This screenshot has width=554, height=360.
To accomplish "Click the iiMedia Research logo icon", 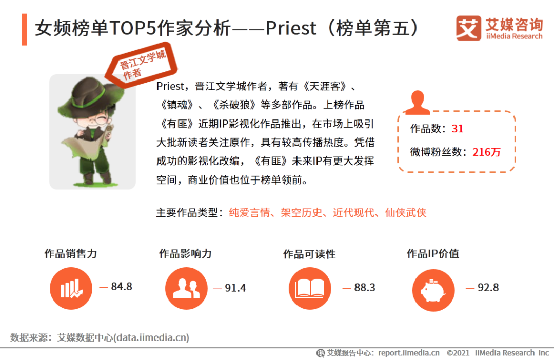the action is [x=468, y=28].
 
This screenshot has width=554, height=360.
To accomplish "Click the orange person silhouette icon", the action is [x=417, y=103].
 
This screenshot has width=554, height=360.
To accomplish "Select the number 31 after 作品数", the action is [x=458, y=129].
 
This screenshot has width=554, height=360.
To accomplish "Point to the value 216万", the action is [x=486, y=152].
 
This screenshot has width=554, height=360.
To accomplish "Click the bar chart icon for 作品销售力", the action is [x=71, y=288].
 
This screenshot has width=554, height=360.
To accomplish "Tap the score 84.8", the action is [x=122, y=286].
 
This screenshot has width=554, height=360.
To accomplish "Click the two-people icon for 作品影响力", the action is [x=186, y=288].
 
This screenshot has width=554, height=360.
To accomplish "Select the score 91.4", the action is [x=235, y=288].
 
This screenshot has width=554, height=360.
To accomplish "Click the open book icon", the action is [x=310, y=288].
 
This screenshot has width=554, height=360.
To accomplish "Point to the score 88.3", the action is [x=365, y=287].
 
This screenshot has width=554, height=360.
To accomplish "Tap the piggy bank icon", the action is [x=433, y=290].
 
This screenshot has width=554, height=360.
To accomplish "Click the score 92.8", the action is [x=488, y=287].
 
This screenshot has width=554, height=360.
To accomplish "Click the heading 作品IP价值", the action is [x=433, y=254].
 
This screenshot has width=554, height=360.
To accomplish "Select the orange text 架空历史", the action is [x=302, y=213].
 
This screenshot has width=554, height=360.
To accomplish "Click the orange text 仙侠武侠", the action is [x=406, y=213].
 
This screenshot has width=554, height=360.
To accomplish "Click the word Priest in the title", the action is [x=291, y=28].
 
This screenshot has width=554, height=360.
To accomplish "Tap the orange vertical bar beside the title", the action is [x=25, y=29].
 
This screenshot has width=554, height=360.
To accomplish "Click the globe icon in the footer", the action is [x=321, y=353].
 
